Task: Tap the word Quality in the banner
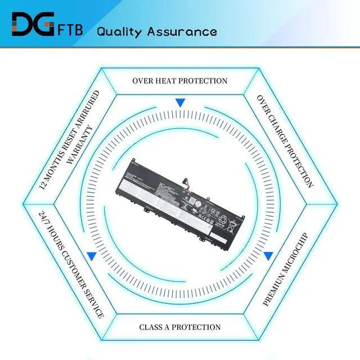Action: point(119,31)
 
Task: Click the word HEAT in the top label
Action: point(166,81)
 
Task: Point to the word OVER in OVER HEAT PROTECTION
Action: point(143,81)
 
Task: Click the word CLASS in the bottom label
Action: point(151,327)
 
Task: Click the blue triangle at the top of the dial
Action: point(180,103)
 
